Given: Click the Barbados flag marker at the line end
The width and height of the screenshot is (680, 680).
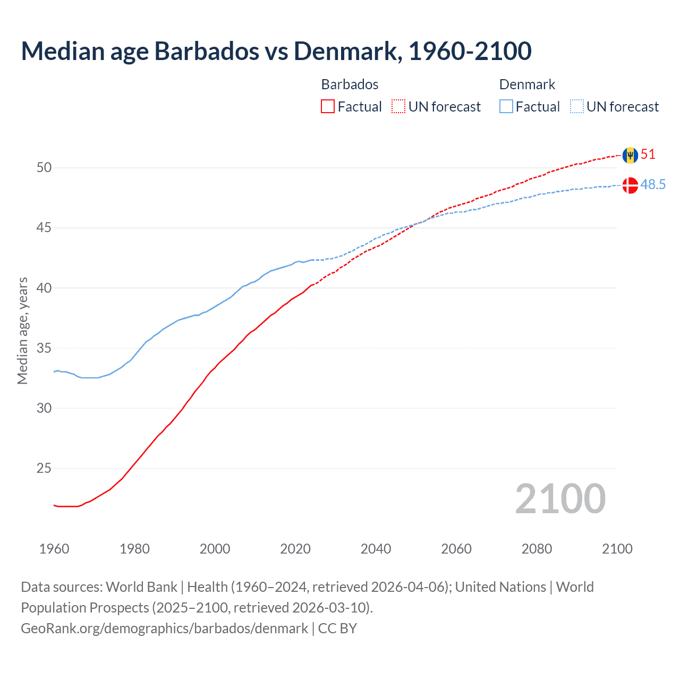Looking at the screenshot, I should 630,155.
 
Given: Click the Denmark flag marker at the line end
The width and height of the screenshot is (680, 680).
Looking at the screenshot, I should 630,185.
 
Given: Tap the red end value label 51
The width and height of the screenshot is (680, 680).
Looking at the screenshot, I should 648,155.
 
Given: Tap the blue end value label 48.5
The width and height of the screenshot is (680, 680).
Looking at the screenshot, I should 653,185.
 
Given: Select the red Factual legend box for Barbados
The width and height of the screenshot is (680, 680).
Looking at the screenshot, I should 328,107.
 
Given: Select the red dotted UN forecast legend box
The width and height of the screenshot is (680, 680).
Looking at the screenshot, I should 398,107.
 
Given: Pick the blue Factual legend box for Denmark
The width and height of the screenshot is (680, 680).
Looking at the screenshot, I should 506,107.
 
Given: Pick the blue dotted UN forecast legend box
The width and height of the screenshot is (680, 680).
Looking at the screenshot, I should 577,107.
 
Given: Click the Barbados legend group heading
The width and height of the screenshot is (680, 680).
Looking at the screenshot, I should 350,84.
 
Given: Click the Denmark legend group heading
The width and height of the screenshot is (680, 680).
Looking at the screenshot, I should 527,84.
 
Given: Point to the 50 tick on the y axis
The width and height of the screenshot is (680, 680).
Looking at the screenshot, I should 44,168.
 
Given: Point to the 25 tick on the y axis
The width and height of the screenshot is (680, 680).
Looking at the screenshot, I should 44,469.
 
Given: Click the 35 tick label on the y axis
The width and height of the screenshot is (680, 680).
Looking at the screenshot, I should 44,348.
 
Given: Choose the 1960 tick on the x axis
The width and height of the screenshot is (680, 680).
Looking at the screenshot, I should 54,549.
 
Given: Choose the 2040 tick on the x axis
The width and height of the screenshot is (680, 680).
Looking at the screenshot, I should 376,549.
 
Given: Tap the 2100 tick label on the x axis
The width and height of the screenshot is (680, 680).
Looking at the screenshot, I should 617,549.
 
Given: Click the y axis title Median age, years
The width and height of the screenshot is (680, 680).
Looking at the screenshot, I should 22,330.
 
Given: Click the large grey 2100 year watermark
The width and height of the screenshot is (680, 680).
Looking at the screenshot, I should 560,498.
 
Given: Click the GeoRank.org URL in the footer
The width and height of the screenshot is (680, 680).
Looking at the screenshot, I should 164,628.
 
